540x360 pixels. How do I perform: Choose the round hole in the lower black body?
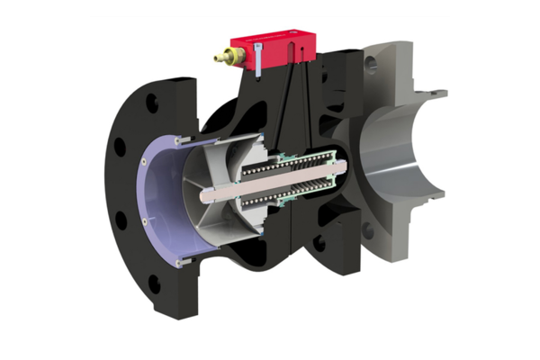[x=319, y=243]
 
